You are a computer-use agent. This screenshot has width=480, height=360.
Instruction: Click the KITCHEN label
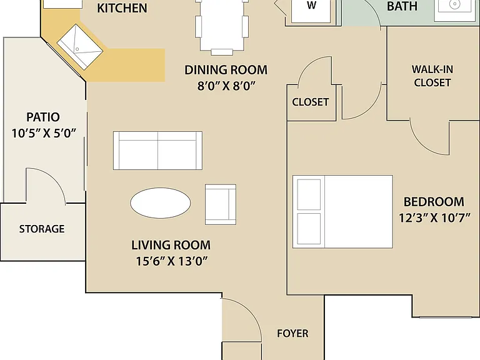tap(122, 8)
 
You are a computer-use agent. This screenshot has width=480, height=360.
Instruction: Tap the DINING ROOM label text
tap(226, 70)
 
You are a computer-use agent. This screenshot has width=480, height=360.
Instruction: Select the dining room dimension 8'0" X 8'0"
tap(226, 86)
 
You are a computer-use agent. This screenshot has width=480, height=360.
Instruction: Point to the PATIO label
tap(43, 117)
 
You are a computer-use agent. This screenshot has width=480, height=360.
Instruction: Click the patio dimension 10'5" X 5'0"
tap(44, 133)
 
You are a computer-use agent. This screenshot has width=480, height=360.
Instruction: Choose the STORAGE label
tap(42, 229)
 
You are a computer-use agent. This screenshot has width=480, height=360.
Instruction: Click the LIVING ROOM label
tap(171, 245)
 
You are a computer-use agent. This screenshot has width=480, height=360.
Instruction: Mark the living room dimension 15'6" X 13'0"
tap(172, 261)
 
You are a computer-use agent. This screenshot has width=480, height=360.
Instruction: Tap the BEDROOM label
tap(434, 202)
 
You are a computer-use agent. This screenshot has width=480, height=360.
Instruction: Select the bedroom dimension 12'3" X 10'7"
tap(434, 218)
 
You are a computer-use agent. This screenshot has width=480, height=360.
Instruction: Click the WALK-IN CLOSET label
tap(432, 76)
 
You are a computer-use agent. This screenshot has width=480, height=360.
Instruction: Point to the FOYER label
tap(292, 333)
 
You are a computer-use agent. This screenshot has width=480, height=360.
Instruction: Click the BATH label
tap(402, 6)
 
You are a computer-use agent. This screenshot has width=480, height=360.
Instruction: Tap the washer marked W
tap(311, 11)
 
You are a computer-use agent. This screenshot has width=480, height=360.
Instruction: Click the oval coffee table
tap(161, 202)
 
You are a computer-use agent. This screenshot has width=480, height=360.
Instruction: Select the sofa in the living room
tap(157, 151)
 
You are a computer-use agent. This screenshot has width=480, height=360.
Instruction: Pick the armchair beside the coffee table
tap(221, 204)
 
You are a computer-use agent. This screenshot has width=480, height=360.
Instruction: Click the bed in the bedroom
tap(342, 211)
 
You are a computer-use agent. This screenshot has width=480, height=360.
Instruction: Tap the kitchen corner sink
tap(80, 47)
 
